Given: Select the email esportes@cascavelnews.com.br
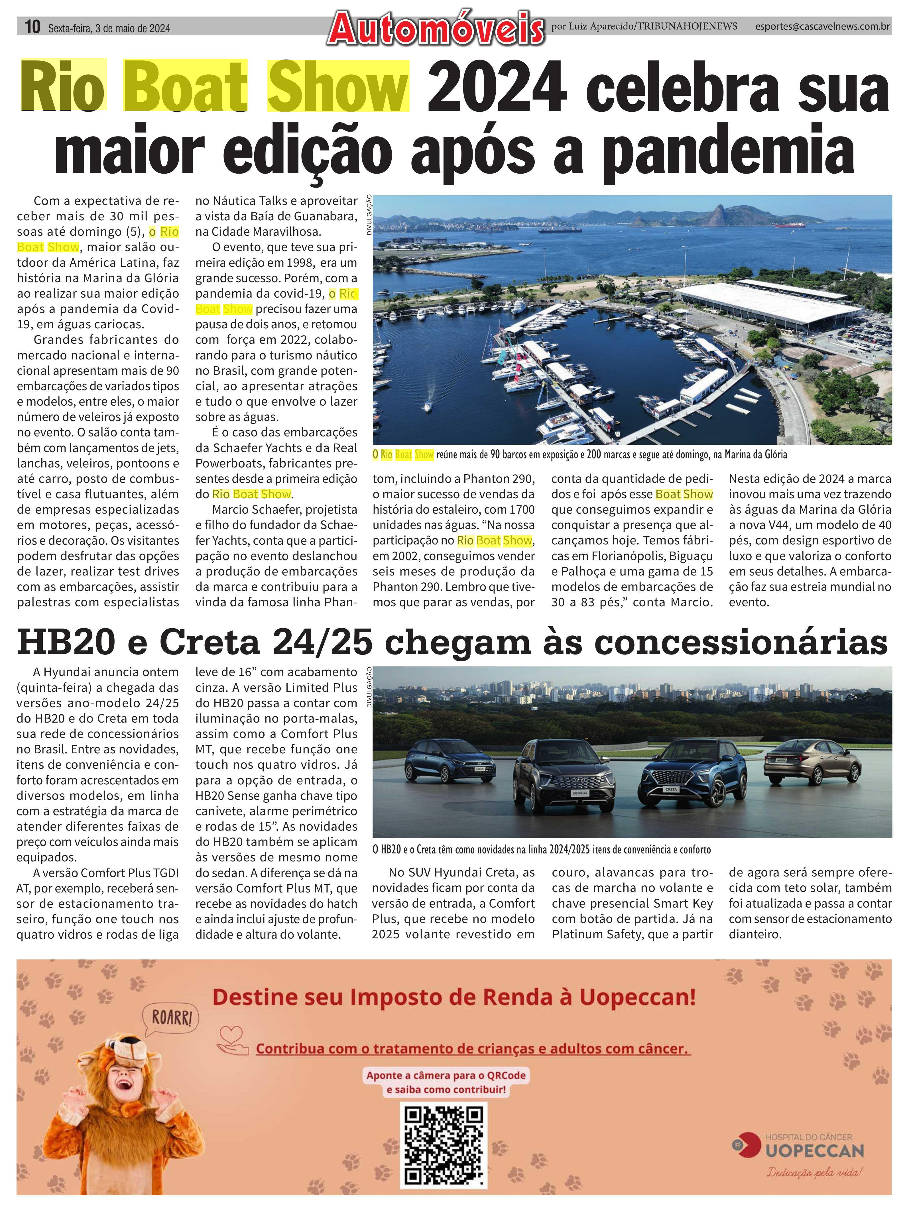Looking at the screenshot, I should pyautogui.click(x=822, y=26).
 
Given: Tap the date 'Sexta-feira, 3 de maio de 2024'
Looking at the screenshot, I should pyautogui.click(x=109, y=29).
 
